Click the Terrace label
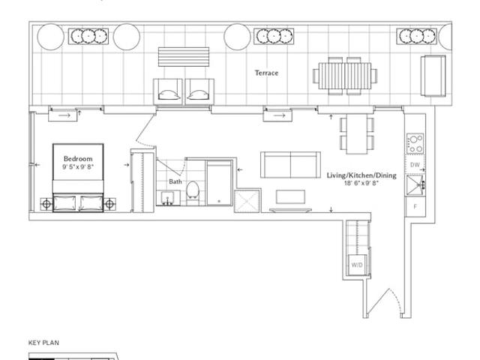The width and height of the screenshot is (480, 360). (267, 73)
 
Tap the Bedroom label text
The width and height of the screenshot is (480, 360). (78, 158)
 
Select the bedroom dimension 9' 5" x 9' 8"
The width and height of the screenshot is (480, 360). (78, 166)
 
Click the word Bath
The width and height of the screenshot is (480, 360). (175, 181)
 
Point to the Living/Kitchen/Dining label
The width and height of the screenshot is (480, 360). (361, 175)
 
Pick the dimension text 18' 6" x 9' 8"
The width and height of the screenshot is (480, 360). (361, 183)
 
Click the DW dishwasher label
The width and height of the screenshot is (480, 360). (415, 165)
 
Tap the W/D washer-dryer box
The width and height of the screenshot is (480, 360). (357, 265)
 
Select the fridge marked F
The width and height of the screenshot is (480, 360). (415, 207)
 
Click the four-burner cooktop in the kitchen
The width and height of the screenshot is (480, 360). (415, 144)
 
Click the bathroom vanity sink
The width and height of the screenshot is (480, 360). (168, 198)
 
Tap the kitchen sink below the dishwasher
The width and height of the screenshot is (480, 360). (415, 185)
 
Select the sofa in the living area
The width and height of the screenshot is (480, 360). (290, 165)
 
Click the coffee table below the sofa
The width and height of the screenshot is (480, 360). (290, 196)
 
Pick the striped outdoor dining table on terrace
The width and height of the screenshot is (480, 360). (345, 76)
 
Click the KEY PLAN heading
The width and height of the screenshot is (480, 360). (43, 343)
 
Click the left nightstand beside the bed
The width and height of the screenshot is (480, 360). (46, 203)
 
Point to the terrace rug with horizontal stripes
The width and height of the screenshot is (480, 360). (184, 57)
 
